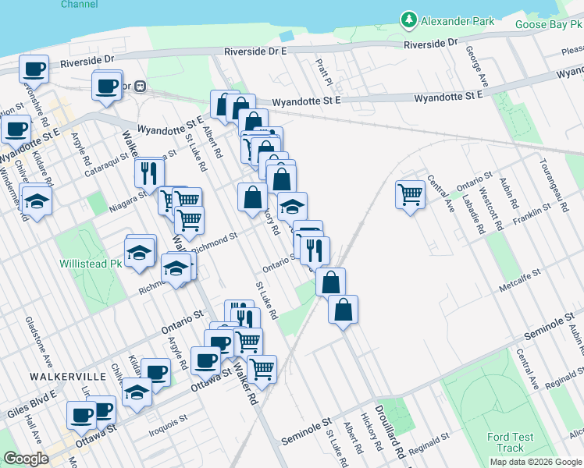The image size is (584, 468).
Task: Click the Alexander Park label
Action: click(x=458, y=21)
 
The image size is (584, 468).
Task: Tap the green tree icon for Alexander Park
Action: click(x=408, y=20)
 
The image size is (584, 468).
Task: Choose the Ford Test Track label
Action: click(x=510, y=442)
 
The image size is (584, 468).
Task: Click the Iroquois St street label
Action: click(x=167, y=419)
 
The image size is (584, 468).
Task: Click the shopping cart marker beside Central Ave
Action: click(x=411, y=194)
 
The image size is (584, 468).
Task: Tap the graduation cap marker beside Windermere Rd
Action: click(x=35, y=201)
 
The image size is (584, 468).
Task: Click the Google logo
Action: click(x=26, y=459)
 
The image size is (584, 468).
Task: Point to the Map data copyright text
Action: click(x=535, y=462)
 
